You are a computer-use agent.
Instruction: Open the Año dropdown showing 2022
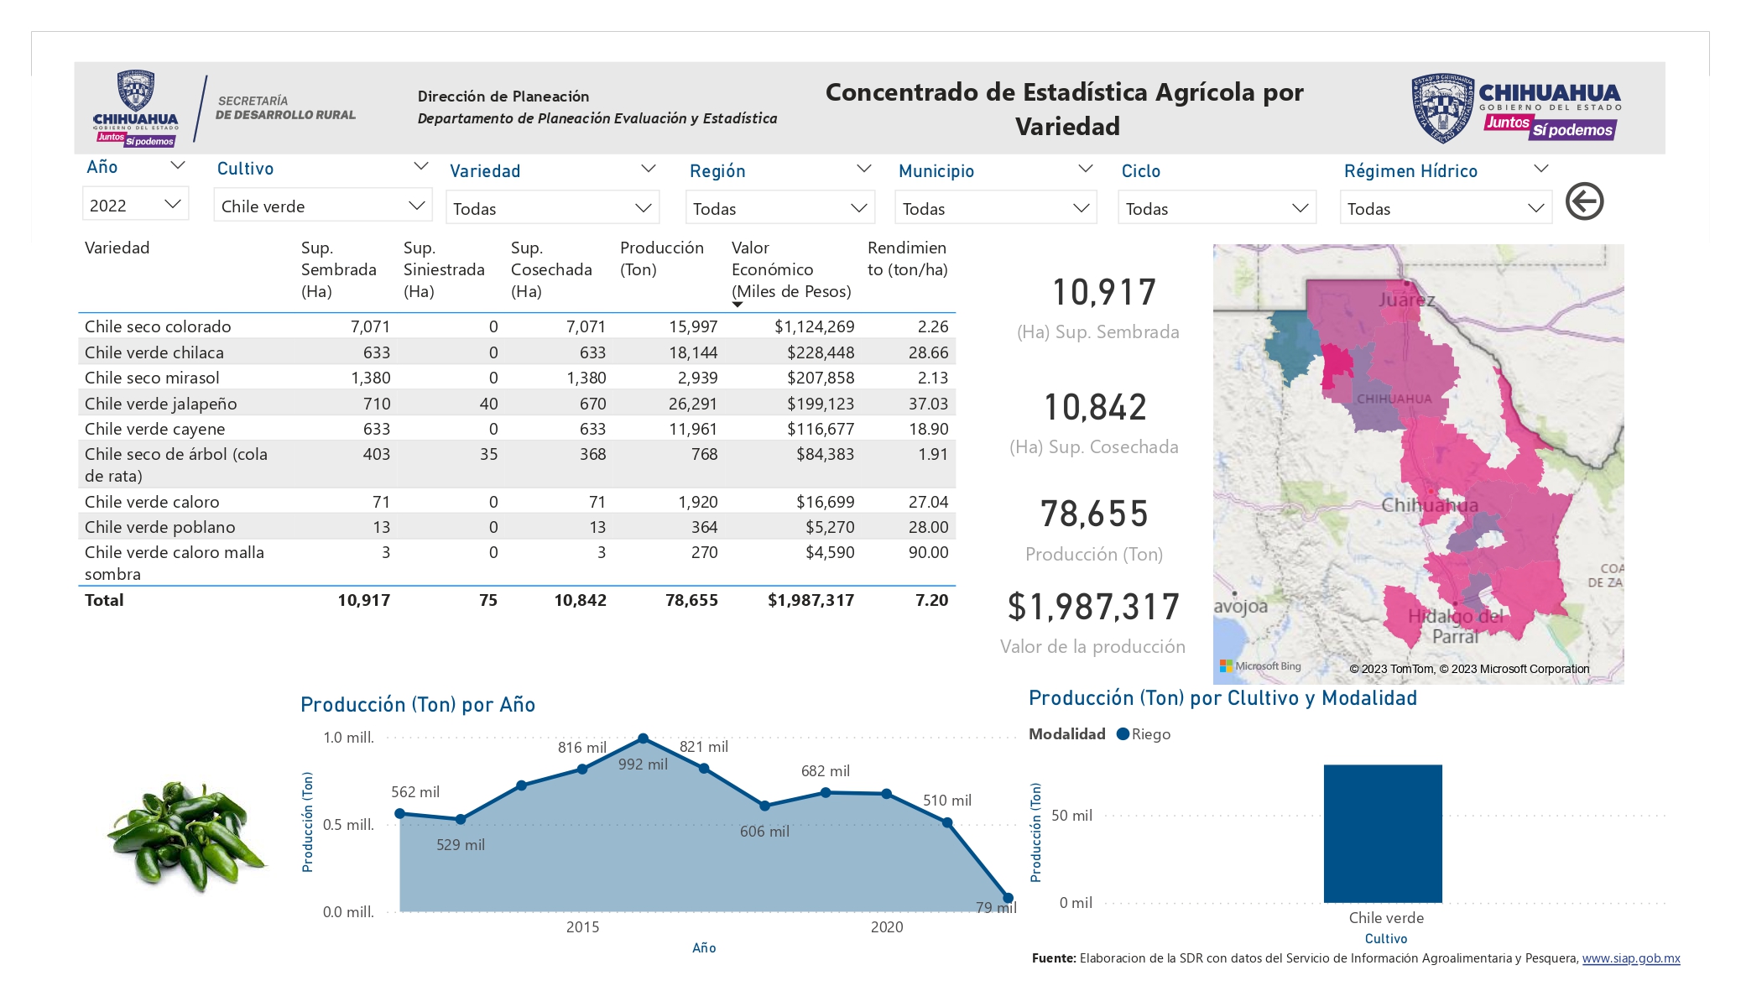(x=135, y=205)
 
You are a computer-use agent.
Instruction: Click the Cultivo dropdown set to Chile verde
(x=323, y=206)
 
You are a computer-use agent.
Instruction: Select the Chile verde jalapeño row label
(x=160, y=404)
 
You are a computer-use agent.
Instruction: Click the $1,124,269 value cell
(x=814, y=326)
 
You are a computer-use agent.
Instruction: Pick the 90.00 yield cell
(x=928, y=552)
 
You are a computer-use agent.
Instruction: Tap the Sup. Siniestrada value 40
(x=488, y=404)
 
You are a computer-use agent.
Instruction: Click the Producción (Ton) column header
(x=661, y=258)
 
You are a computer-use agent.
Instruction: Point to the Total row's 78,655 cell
(x=691, y=600)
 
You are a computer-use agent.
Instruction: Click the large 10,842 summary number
(x=1095, y=408)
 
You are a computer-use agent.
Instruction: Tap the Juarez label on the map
(x=1406, y=300)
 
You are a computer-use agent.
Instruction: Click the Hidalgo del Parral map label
(x=1456, y=626)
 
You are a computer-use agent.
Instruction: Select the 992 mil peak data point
(x=643, y=738)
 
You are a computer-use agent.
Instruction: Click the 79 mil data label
(x=996, y=907)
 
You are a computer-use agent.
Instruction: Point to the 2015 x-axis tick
(x=582, y=926)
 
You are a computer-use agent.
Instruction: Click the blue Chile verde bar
(x=1383, y=833)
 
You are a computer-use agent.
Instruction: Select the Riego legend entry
(x=1144, y=734)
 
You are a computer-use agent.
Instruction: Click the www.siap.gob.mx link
(x=1631, y=958)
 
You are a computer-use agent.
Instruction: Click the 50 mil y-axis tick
(x=1071, y=815)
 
